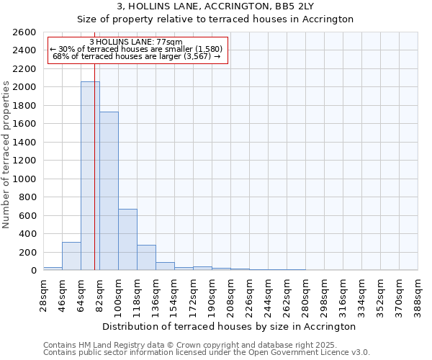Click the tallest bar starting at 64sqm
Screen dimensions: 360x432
pyautogui.click(x=90, y=176)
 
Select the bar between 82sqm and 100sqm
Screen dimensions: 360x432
pyautogui.click(x=109, y=191)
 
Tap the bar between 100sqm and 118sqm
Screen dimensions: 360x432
pyautogui.click(x=127, y=239)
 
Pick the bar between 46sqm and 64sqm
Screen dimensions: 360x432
pyautogui.click(x=71, y=256)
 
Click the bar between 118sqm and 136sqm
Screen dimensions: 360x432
pyautogui.click(x=146, y=257)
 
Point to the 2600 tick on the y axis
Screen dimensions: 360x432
pyautogui.click(x=25, y=32)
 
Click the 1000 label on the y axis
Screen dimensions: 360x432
pyautogui.click(x=25, y=179)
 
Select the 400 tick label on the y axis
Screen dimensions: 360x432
pyautogui.click(x=27, y=233)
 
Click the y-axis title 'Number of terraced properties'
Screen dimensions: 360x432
pyautogui.click(x=7, y=154)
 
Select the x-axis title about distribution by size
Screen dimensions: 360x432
pyautogui.click(x=230, y=326)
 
